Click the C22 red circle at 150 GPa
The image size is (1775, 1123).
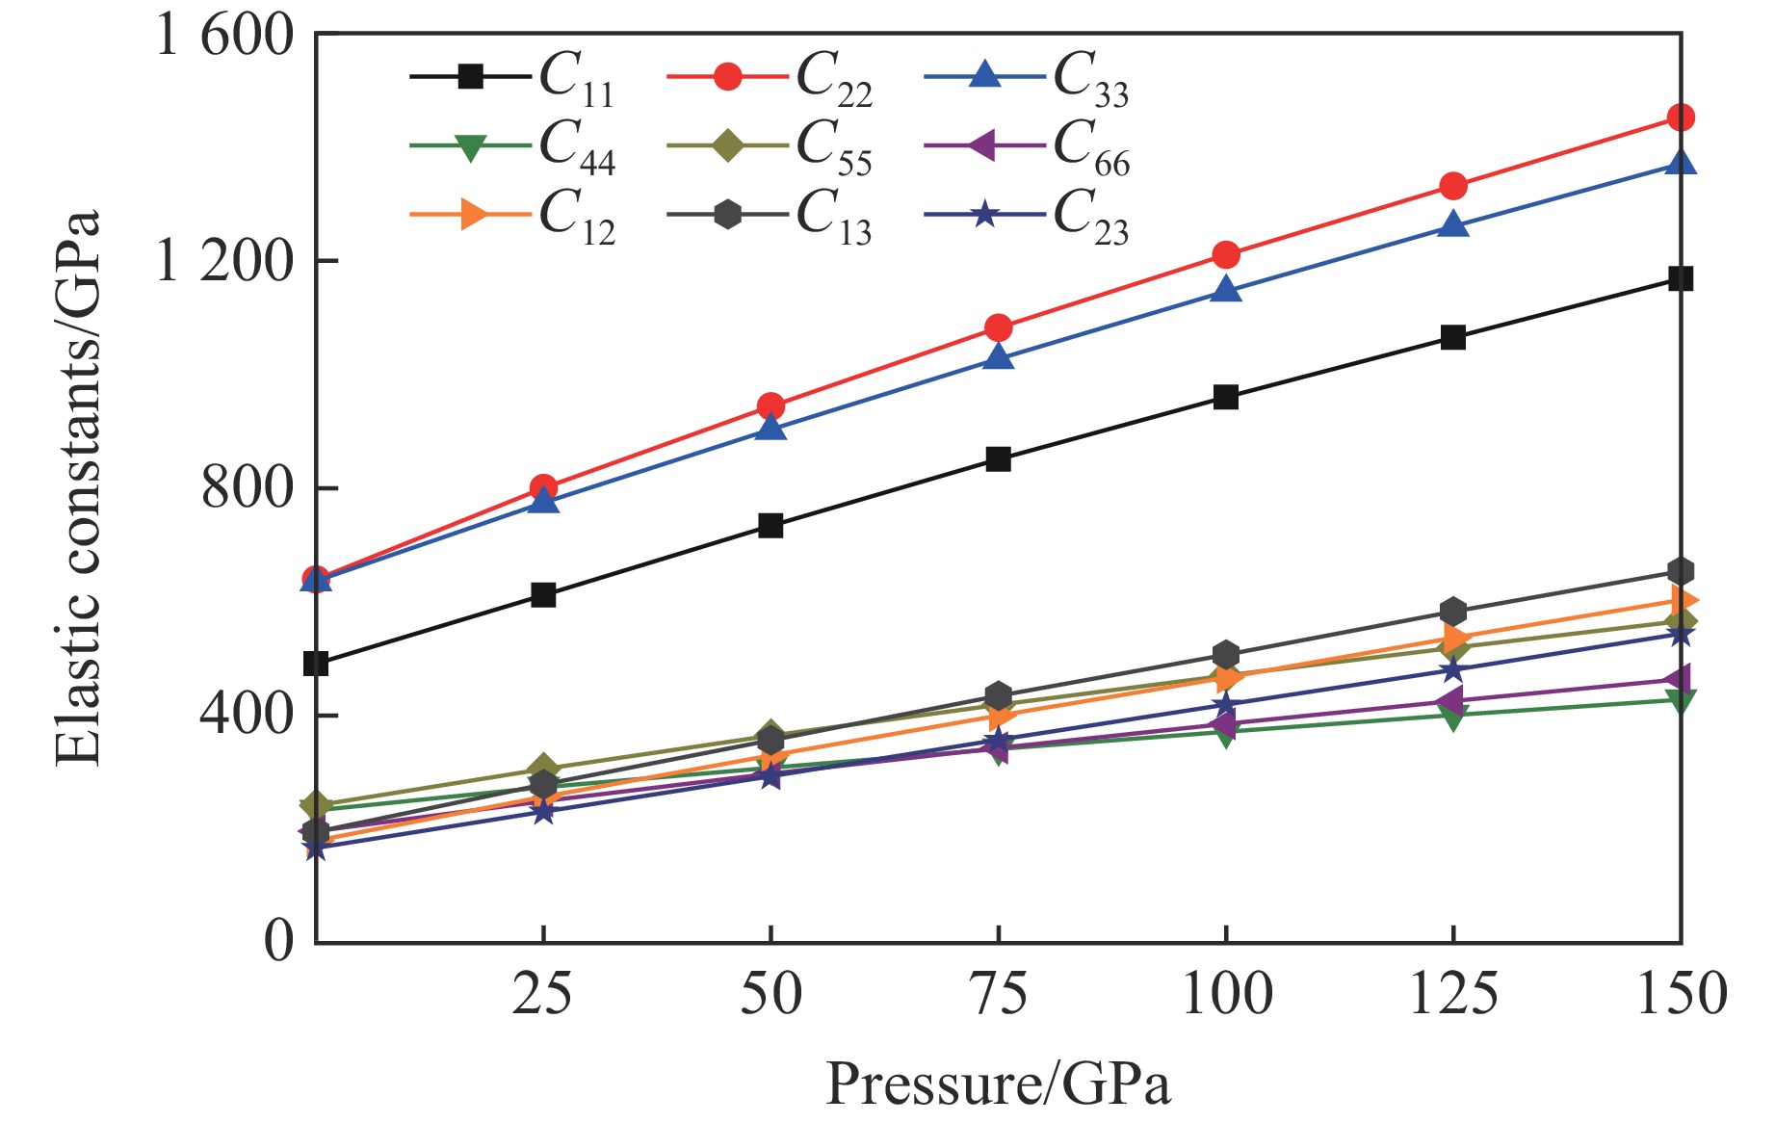(1681, 118)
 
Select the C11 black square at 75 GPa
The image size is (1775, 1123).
(999, 459)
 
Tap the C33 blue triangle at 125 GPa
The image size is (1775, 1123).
(1453, 225)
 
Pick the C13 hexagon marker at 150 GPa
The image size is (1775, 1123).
(1681, 571)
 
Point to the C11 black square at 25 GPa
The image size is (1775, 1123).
(543, 595)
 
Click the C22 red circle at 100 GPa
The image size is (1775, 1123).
(1226, 255)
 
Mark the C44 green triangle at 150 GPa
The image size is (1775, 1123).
(1681, 700)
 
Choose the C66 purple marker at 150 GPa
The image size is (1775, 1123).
(1679, 679)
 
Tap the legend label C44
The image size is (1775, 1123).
(575, 146)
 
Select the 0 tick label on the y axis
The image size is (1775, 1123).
(278, 941)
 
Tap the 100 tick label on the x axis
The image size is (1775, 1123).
(1226, 994)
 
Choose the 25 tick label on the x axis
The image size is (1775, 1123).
(542, 994)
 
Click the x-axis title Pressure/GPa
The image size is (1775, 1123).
(998, 1084)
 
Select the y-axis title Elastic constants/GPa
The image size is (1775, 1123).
(77, 487)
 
